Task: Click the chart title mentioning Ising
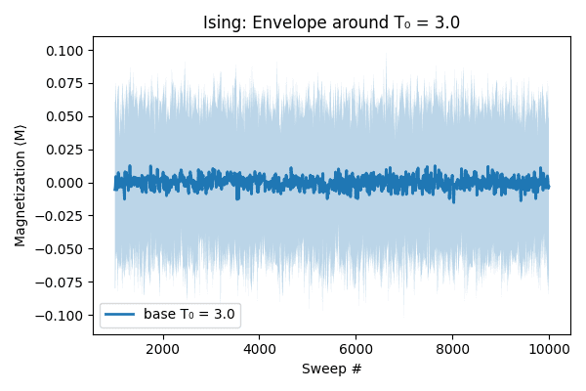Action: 331,22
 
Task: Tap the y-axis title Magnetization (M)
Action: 21,185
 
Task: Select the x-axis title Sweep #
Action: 331,369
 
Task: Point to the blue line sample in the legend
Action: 121,315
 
